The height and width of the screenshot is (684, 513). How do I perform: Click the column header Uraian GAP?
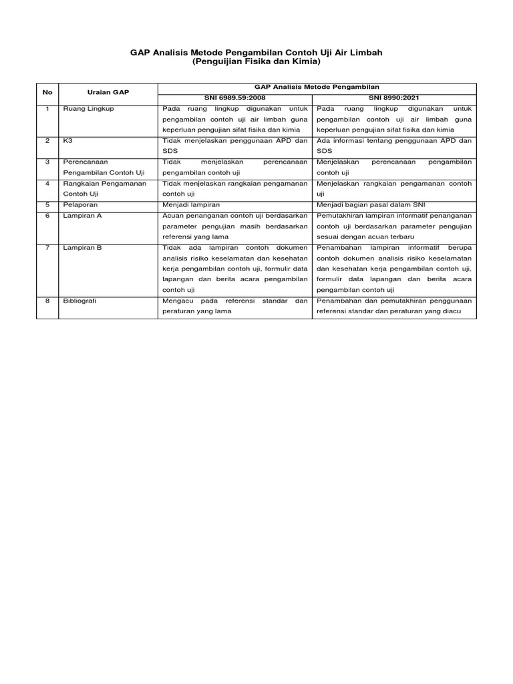[108, 92]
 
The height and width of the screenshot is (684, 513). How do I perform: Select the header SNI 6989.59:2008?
[234, 98]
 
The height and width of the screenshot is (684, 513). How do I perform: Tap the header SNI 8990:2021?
[394, 98]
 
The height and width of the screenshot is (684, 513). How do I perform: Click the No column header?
[47, 92]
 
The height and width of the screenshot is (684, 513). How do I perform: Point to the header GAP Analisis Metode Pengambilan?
[317, 87]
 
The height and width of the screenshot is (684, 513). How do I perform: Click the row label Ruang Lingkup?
[85, 108]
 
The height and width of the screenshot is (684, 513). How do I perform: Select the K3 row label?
[67, 141]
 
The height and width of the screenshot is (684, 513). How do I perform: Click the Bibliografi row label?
[79, 301]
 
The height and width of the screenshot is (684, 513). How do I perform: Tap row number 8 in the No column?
[47, 301]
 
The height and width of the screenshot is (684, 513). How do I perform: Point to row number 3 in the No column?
[47, 162]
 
